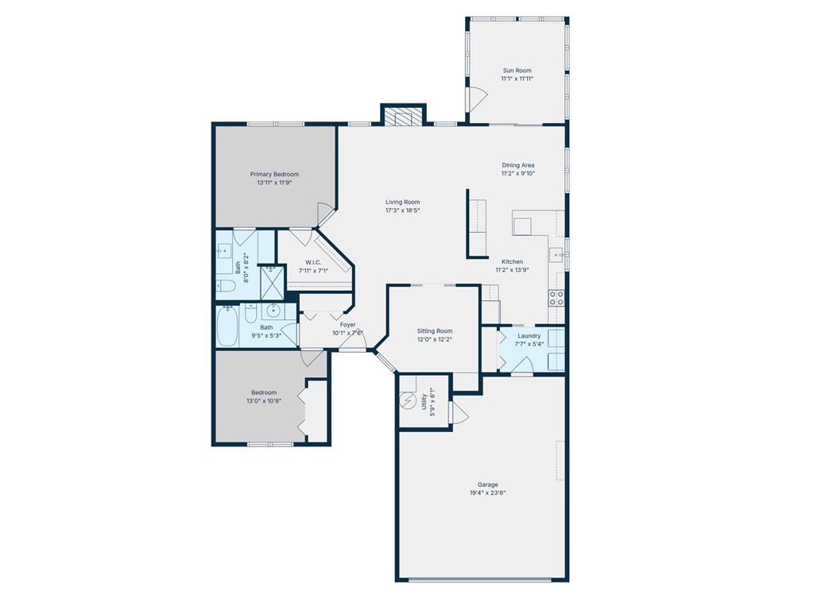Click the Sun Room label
point(516,70)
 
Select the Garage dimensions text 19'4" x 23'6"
point(487,492)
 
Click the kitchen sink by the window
point(557,255)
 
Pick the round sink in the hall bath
point(273,311)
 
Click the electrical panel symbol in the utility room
point(407,402)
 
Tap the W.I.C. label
point(312,262)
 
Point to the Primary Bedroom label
point(274,174)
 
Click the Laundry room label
point(529,335)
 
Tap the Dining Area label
point(517,165)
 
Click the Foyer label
point(348,324)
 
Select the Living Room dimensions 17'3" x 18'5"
point(402,210)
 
